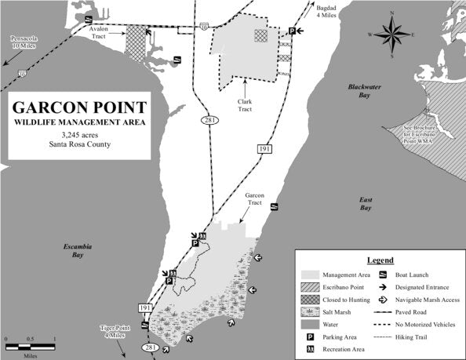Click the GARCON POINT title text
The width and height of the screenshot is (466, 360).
(x=76, y=107)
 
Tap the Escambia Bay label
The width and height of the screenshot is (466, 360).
(x=78, y=250)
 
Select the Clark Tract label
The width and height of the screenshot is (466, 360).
(x=245, y=105)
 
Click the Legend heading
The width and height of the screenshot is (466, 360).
(x=380, y=260)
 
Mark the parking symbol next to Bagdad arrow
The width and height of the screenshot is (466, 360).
(x=292, y=31)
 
